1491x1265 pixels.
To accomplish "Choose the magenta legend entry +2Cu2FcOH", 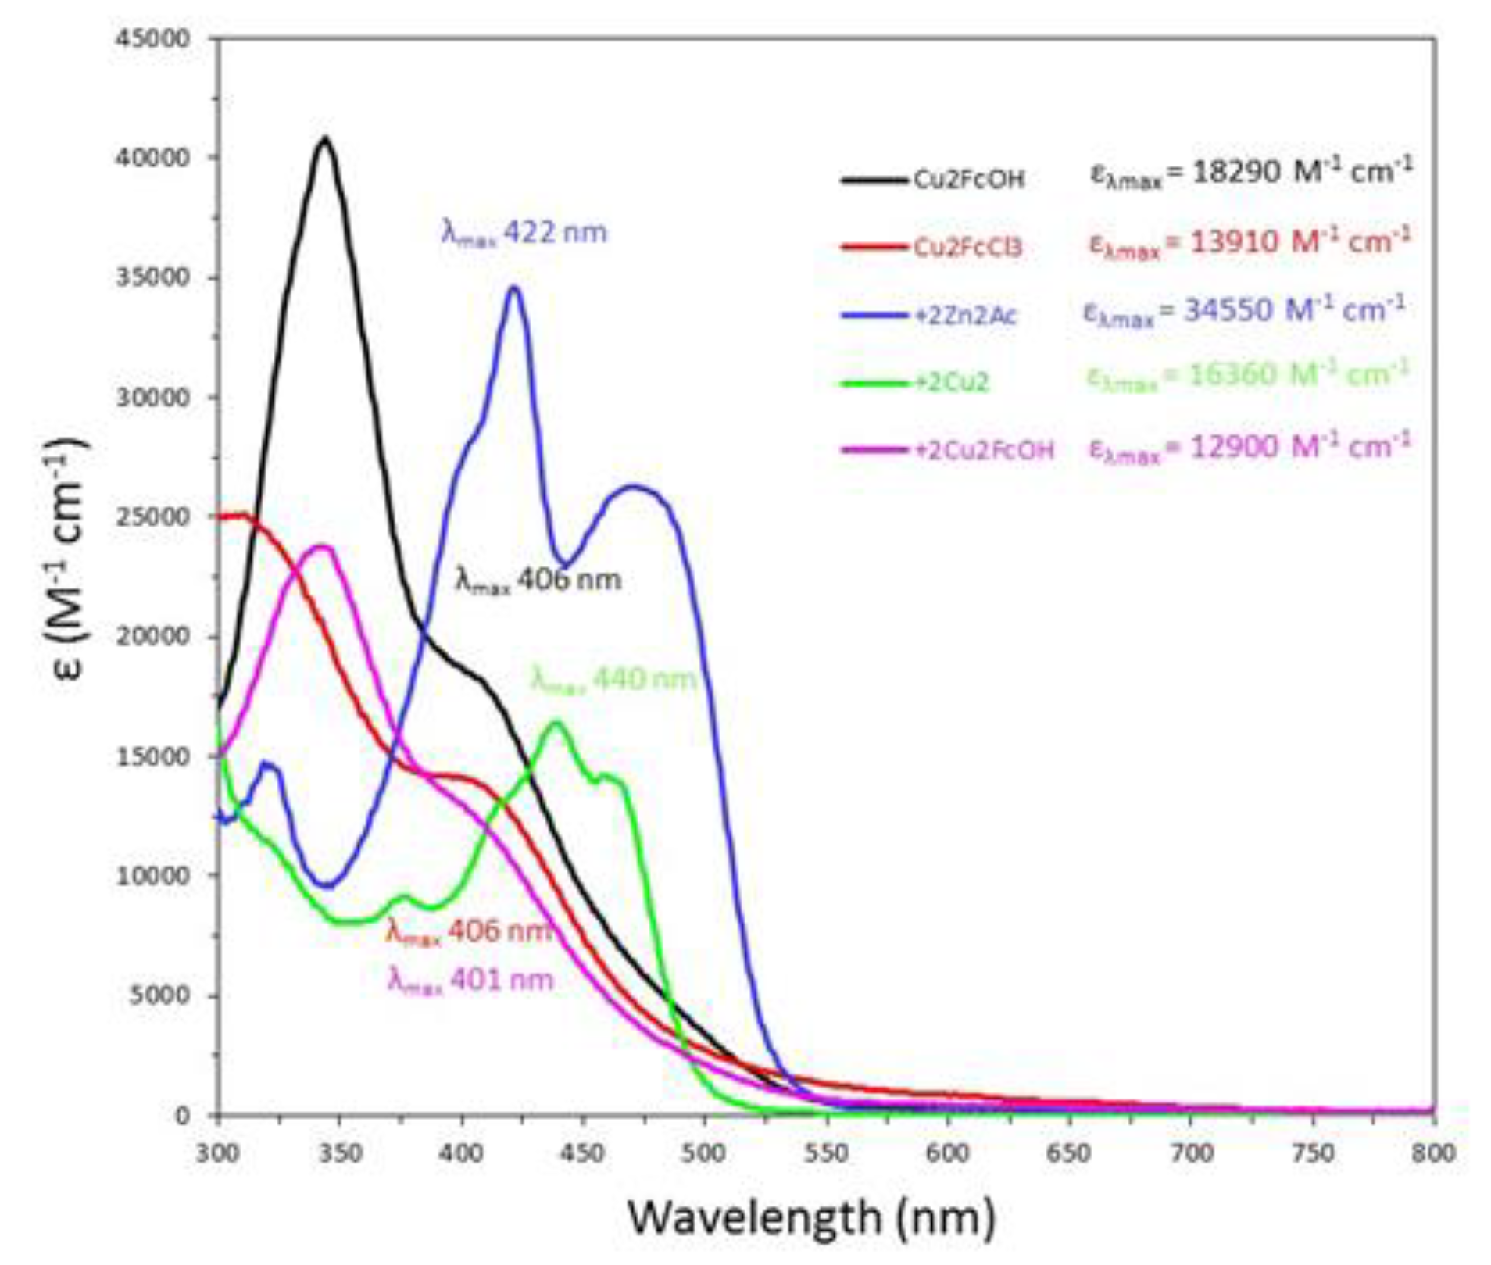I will [x=984, y=451].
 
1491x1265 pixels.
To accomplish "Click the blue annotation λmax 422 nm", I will [x=524, y=233].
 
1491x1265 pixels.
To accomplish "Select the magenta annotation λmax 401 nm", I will [x=470, y=980].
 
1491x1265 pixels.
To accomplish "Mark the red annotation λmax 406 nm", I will [x=469, y=931].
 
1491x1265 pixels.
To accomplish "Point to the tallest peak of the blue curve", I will [x=513, y=288].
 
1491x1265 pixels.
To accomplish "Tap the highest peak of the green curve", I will [x=557, y=723].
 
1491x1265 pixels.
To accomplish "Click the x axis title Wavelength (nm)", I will [x=812, y=1217].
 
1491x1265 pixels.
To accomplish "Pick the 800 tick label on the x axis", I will [x=1433, y=1153].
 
